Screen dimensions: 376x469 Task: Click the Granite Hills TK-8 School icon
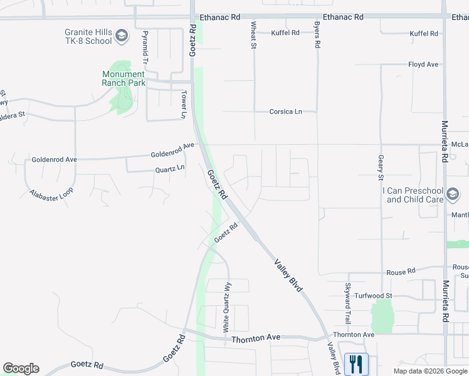point(122,37)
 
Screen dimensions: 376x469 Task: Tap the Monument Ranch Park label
point(124,78)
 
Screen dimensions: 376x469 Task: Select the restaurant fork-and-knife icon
point(356,363)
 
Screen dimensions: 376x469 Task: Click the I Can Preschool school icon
point(453,195)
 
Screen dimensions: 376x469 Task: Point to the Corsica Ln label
point(285,112)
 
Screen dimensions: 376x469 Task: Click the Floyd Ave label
point(423,65)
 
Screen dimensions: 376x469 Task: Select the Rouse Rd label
point(401,272)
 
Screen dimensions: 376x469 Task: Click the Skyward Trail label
point(347,298)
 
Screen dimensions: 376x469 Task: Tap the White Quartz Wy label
point(228,305)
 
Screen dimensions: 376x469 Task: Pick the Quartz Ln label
point(170,169)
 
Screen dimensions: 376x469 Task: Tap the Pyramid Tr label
point(145,46)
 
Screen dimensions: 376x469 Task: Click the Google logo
point(21,368)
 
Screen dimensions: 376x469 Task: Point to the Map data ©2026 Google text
point(429,371)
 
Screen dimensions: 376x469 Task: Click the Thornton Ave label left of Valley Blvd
point(256,338)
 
